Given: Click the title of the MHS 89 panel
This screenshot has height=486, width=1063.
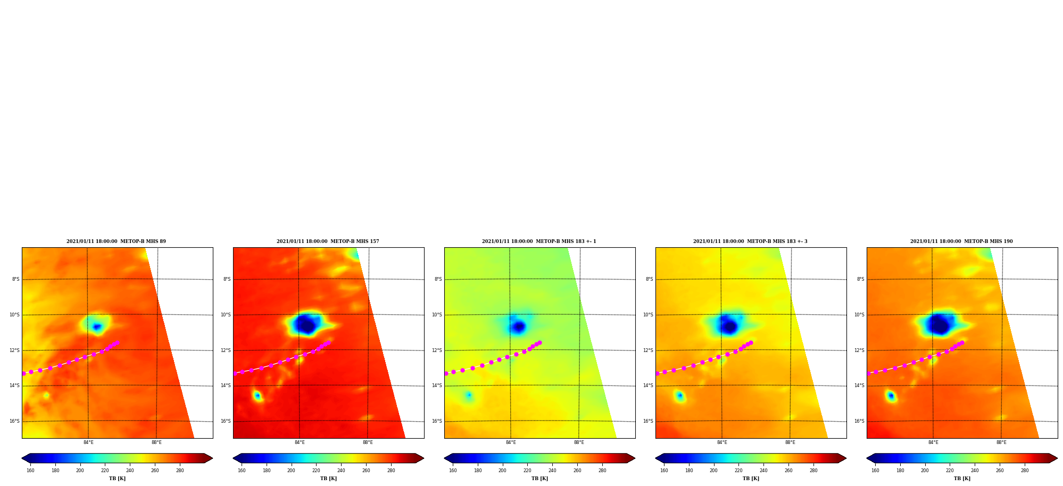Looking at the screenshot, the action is (x=116, y=241).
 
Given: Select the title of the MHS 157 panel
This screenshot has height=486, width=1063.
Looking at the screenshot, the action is (x=328, y=241).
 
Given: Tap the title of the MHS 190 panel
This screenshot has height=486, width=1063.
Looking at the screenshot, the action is (x=961, y=241).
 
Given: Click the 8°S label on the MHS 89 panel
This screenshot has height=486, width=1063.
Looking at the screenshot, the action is (x=16, y=279).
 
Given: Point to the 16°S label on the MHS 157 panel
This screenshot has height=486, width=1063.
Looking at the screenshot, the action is (x=226, y=421).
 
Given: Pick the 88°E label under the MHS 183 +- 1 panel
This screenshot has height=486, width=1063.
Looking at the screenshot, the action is (x=579, y=442).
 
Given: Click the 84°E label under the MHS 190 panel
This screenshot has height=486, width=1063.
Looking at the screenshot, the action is (x=933, y=442).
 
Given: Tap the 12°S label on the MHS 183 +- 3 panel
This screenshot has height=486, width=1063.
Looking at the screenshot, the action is (x=649, y=350).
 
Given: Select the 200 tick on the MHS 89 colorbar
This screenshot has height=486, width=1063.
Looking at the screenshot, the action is (x=80, y=471).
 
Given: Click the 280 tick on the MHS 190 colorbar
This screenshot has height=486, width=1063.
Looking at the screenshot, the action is (x=1025, y=471).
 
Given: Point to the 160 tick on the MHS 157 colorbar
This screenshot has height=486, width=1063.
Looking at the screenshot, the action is (x=242, y=471).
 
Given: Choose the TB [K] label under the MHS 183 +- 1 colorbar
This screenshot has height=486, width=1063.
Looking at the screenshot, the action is (x=539, y=479).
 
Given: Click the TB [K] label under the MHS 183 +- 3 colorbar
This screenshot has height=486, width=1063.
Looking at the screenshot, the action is (x=751, y=479).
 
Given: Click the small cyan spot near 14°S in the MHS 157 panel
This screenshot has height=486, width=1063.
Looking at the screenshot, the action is (x=258, y=396).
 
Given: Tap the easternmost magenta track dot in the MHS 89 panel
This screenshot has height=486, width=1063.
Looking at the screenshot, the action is (x=117, y=343).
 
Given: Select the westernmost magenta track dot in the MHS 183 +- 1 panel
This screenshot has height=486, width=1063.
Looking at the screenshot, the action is (x=446, y=373).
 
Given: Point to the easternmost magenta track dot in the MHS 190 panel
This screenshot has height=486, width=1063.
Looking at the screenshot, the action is (x=962, y=343).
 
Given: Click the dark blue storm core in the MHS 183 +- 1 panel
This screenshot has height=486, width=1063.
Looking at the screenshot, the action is (x=519, y=326).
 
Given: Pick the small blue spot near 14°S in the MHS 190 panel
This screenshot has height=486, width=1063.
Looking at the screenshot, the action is (x=891, y=396).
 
